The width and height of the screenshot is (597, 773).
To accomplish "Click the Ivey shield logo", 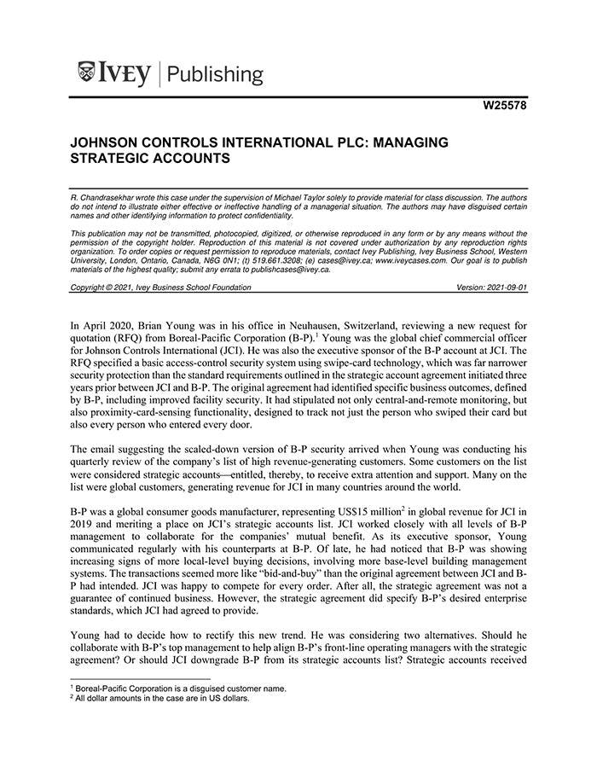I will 85,73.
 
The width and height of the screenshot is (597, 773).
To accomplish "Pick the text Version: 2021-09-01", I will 492,288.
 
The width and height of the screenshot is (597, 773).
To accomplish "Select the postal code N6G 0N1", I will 194,253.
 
